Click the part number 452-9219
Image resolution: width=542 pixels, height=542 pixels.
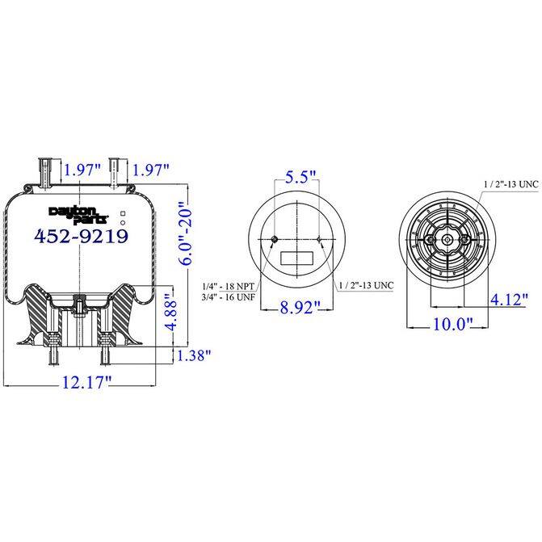click(x=81, y=237)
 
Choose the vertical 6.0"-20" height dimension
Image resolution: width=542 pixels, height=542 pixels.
click(x=187, y=228)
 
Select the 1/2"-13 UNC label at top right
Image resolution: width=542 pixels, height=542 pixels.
click(x=510, y=185)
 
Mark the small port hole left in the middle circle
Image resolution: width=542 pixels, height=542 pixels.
click(x=275, y=240)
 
